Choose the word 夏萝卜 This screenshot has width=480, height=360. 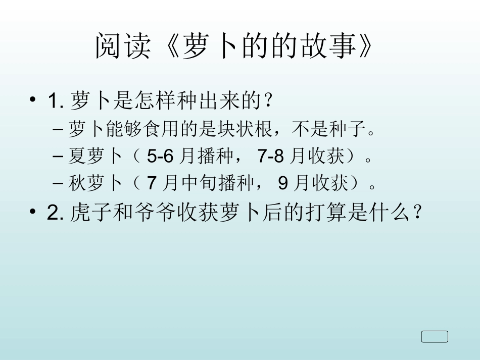point(95,157)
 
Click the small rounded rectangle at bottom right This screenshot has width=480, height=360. point(435,336)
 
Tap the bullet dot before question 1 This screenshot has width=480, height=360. point(33,100)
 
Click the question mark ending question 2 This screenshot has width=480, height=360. point(417,213)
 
